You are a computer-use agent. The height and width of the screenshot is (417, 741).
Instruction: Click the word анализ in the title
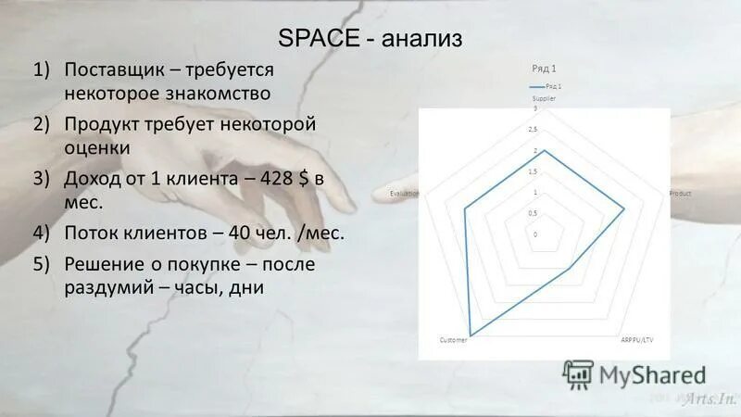(x=420, y=41)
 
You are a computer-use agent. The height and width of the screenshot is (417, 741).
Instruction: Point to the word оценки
(x=97, y=147)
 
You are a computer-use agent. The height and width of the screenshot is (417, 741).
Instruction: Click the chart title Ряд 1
(x=544, y=69)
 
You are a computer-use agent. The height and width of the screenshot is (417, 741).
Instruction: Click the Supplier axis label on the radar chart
(x=544, y=98)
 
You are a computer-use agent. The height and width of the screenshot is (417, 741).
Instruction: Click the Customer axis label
(x=454, y=341)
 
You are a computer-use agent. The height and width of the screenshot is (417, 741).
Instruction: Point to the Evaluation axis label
(x=405, y=193)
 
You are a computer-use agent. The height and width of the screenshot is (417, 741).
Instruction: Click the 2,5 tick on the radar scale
(x=534, y=130)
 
